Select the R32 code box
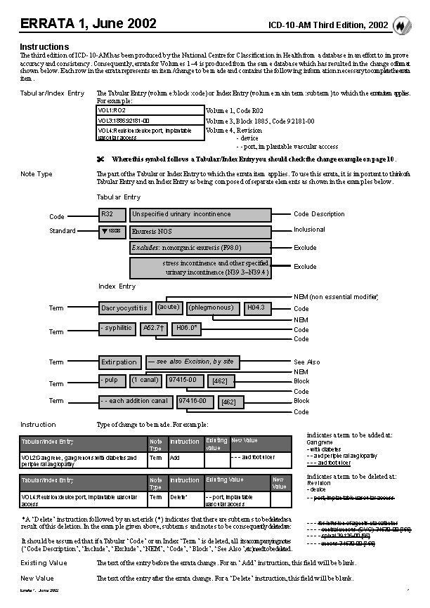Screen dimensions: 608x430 pyautogui.click(x=112, y=214)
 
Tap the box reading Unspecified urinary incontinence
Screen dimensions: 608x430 pyautogui.click(x=200, y=214)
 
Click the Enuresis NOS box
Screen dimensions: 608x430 pyautogui.click(x=200, y=231)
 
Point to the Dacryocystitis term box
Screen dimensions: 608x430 pyautogui.click(x=125, y=308)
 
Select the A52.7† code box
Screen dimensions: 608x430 pyautogui.click(x=154, y=327)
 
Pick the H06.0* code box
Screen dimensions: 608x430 pyautogui.click(x=187, y=327)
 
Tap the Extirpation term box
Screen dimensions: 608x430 pyautogui.click(x=119, y=362)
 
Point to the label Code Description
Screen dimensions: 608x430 pyautogui.click(x=318, y=214)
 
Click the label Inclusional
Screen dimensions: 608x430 pyautogui.click(x=309, y=230)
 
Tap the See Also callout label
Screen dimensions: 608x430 pyautogui.click(x=306, y=362)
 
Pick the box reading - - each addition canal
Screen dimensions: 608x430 pyautogui.click(x=135, y=402)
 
